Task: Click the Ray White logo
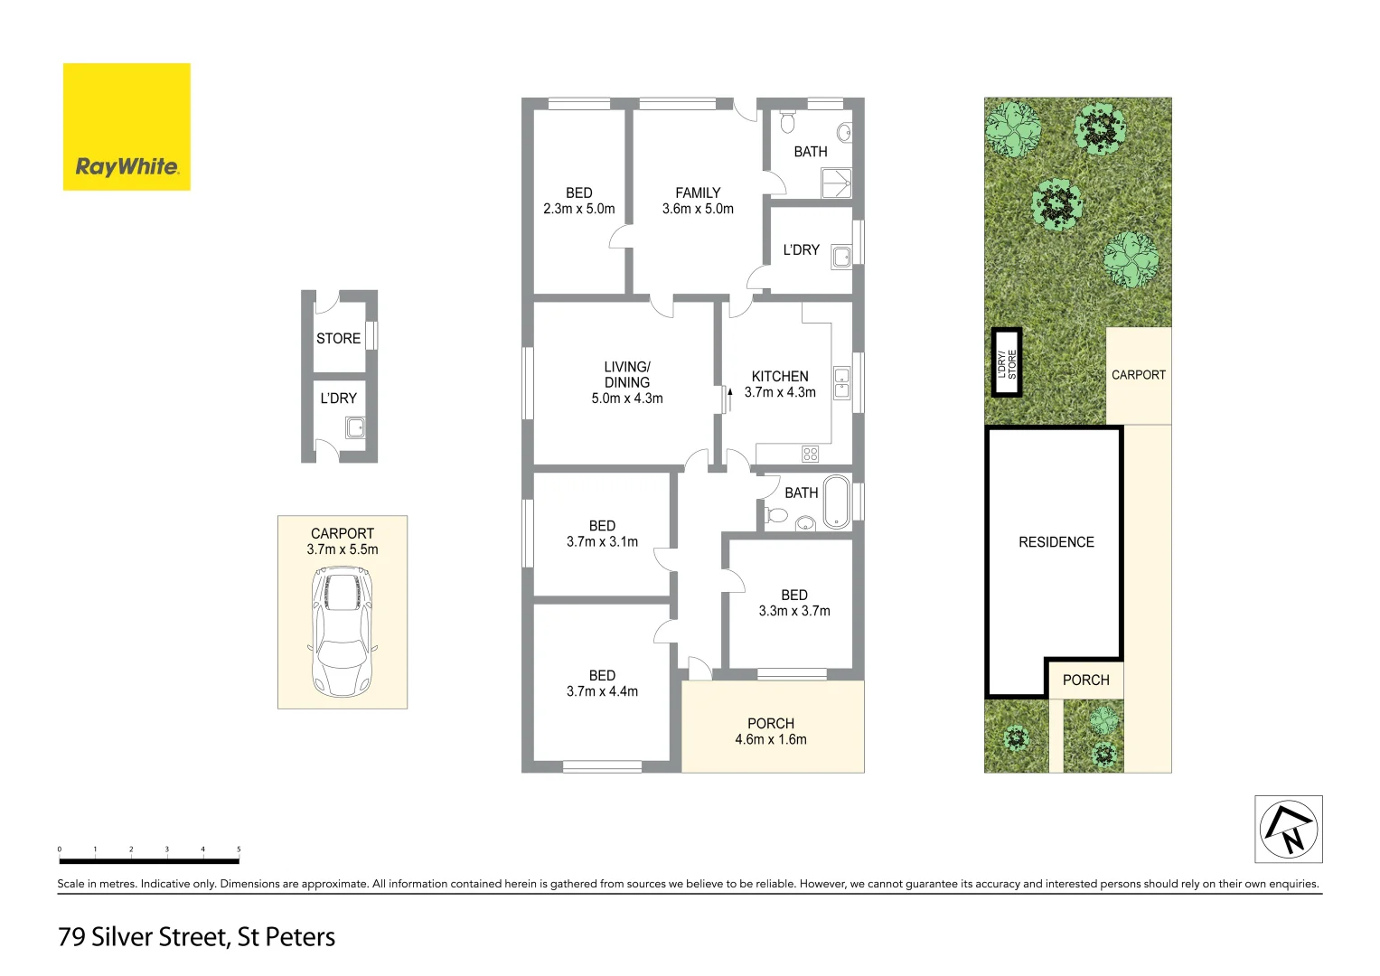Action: pos(127,127)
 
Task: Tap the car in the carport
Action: pos(342,632)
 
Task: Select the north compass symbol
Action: pos(1288,830)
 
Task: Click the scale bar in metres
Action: pos(149,859)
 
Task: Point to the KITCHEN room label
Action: pos(780,377)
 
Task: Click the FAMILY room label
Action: pos(698,193)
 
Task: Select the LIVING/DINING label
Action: pos(627,375)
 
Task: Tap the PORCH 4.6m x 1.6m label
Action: pos(771,731)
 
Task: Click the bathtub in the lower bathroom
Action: pos(836,502)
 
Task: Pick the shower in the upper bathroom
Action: pos(836,183)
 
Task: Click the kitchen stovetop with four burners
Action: pos(810,454)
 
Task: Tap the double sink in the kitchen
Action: pos(841,383)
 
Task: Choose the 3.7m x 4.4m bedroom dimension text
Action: pos(602,691)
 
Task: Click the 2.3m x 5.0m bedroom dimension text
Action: pos(578,209)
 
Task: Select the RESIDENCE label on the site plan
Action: pos(1056,542)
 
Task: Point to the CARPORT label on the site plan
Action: pos(1138,375)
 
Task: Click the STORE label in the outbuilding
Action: pos(338,339)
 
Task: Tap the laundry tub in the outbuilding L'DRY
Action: pos(355,427)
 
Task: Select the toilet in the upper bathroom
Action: pos(787,121)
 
